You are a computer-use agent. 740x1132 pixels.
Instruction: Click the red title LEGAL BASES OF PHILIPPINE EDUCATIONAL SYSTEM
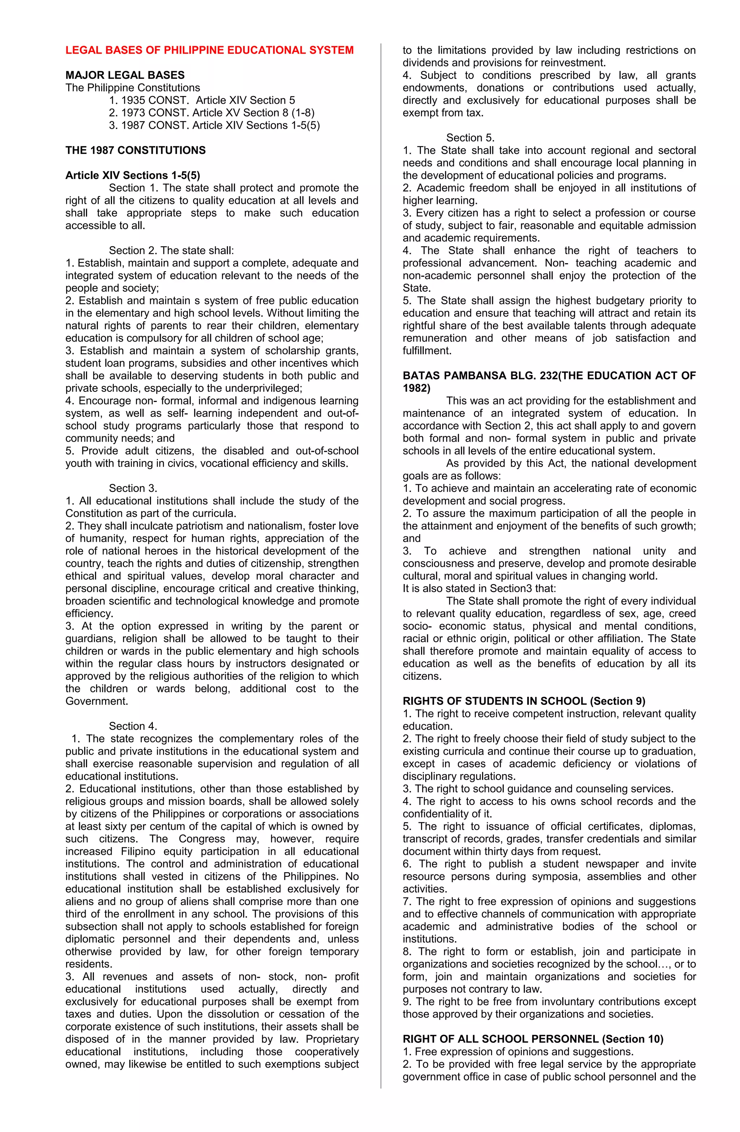pos(209,50)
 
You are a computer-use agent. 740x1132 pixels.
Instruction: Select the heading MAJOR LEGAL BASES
pos(125,75)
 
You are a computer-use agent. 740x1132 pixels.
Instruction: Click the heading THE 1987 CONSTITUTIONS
pos(135,150)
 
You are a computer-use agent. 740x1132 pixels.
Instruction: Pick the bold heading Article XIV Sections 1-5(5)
pos(133,176)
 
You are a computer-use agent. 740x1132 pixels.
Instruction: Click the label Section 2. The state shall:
pos(171,251)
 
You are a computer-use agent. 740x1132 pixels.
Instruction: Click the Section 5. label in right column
pos(470,138)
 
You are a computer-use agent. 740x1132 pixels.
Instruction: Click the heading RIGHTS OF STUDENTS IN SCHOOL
pos(524,701)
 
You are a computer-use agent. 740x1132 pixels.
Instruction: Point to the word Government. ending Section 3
pos(96,701)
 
